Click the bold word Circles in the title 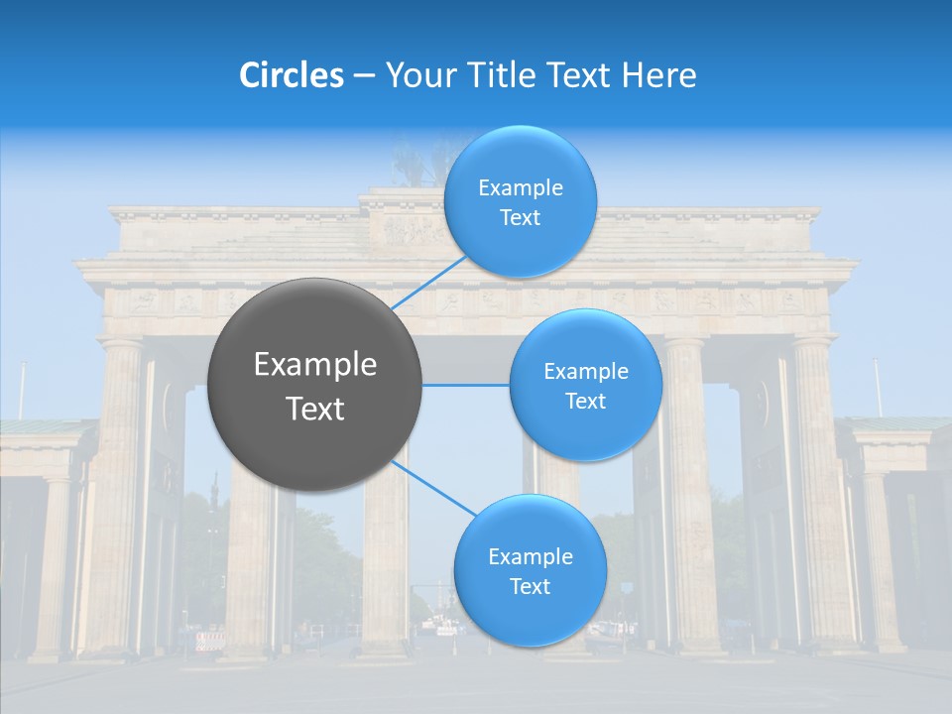pyautogui.click(x=291, y=75)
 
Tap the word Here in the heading pyautogui.click(x=659, y=75)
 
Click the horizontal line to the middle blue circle pyautogui.click(x=465, y=385)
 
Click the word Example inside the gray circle pyautogui.click(x=315, y=365)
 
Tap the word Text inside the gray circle pyautogui.click(x=315, y=409)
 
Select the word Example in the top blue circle pyautogui.click(x=520, y=188)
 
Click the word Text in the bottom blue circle pyautogui.click(x=530, y=587)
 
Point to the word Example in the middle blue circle pyautogui.click(x=585, y=372)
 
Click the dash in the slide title pyautogui.click(x=364, y=75)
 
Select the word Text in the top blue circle pyautogui.click(x=520, y=218)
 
